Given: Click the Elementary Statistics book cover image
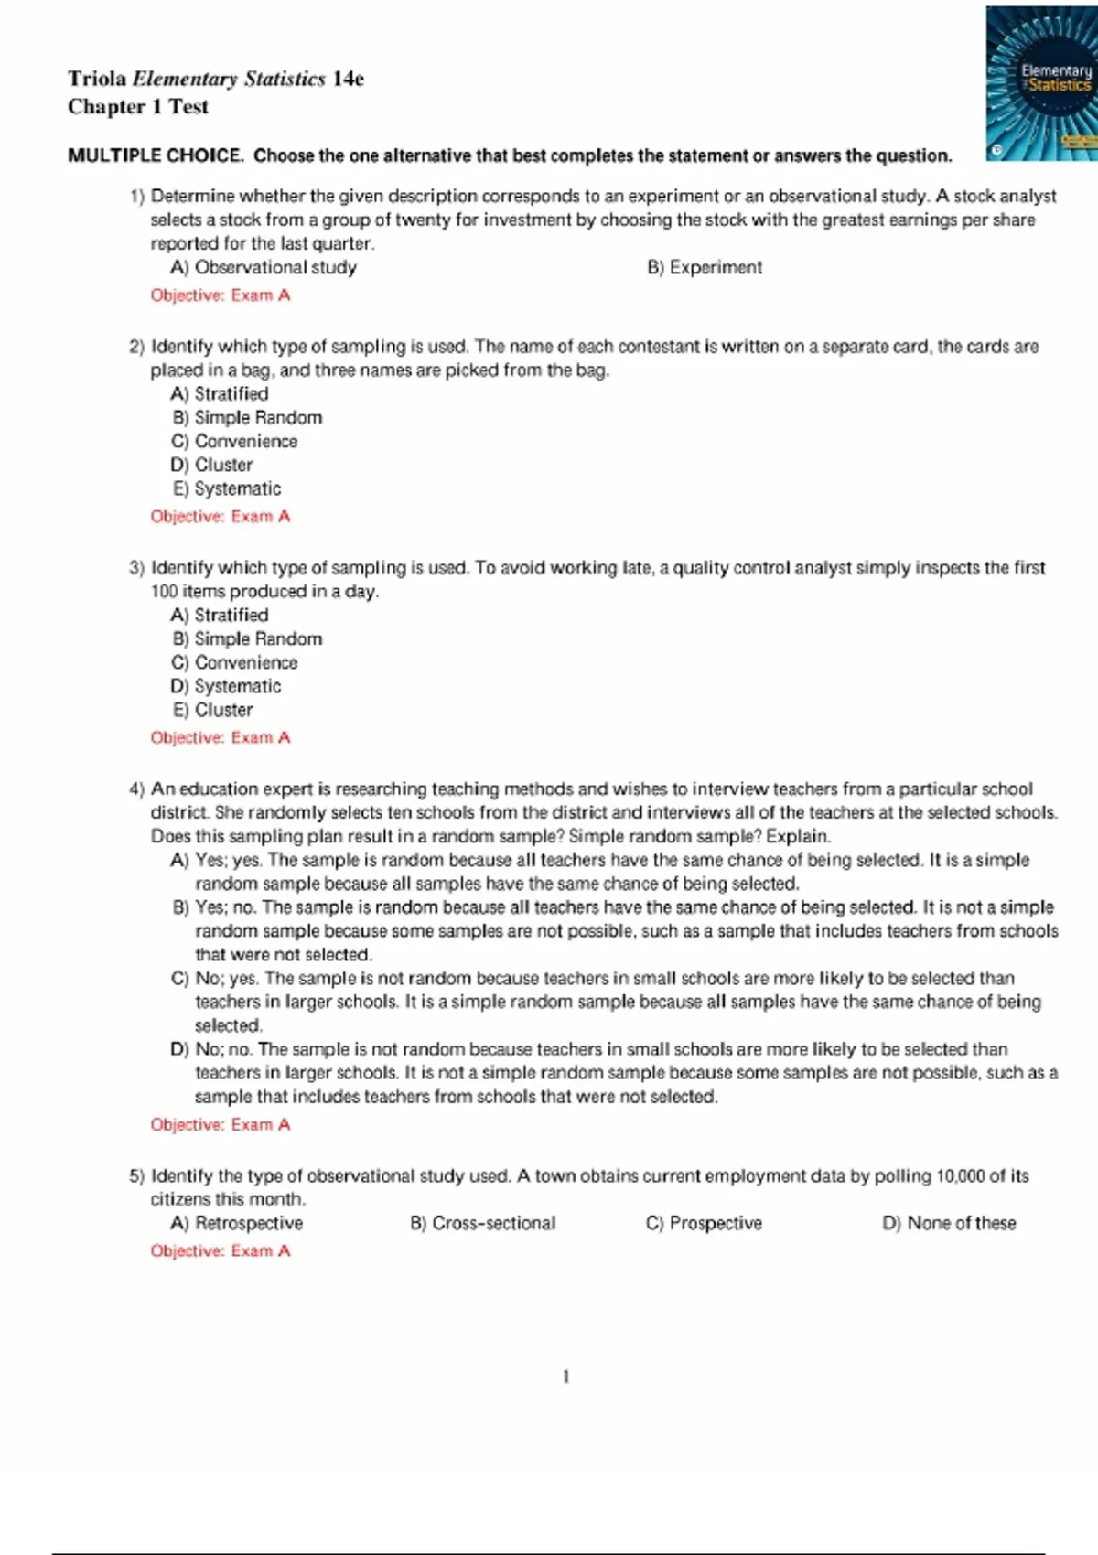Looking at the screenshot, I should (x=1042, y=83).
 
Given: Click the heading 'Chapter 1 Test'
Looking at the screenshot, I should (x=138, y=107).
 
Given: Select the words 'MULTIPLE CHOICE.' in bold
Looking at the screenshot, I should (x=156, y=155).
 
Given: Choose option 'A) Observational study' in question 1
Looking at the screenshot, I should (x=264, y=268).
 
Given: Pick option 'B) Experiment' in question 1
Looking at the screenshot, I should (x=705, y=268).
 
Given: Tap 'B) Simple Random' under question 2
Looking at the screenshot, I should (x=247, y=418).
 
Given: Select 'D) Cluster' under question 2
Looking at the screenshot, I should (x=211, y=466).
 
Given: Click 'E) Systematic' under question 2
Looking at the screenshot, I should (x=227, y=489).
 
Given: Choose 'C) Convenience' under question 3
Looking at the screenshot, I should (x=234, y=663).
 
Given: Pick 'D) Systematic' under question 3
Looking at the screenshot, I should (x=226, y=687).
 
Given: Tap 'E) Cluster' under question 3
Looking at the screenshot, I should (x=212, y=711).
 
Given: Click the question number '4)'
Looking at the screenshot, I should (x=136, y=789).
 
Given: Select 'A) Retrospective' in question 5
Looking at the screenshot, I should (x=237, y=1224).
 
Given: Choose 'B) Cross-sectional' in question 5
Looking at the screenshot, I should (x=483, y=1224).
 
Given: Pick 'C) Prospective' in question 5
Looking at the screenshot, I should (x=704, y=1224).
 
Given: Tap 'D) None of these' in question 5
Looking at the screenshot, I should (x=949, y=1224).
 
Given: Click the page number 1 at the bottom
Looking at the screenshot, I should (x=566, y=1378).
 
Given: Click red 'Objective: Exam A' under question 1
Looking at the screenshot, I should (x=221, y=295).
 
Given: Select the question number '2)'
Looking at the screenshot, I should (x=136, y=348).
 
